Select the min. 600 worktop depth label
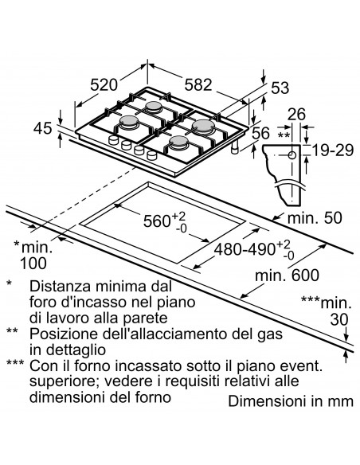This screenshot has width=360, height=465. (x=288, y=275)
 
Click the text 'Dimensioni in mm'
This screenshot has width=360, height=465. (x=290, y=401)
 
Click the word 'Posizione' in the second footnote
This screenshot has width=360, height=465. (x=65, y=334)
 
